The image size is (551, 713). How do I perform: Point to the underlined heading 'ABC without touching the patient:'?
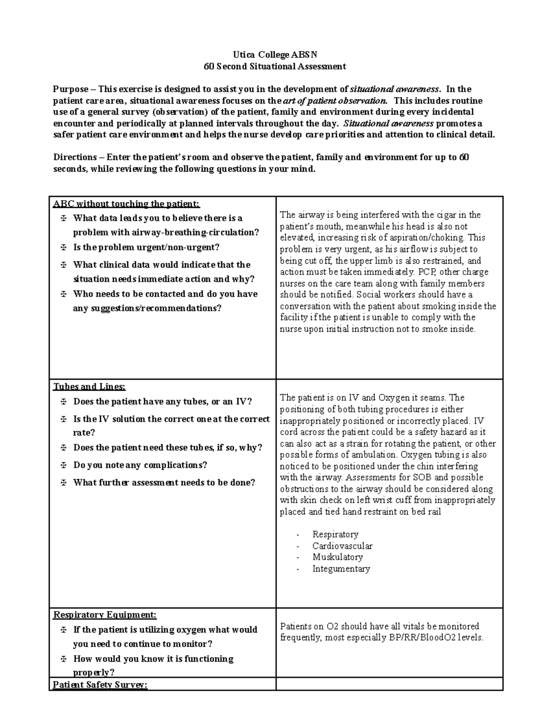point(127,204)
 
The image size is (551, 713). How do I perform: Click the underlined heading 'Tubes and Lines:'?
point(90,387)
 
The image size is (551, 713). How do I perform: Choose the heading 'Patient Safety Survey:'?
point(100,685)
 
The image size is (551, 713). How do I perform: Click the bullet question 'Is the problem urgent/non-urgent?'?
point(146,247)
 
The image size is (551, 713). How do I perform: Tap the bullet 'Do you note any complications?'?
point(140,465)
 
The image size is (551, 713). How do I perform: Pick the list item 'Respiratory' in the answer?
point(335,534)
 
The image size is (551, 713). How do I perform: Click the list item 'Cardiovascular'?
point(342,546)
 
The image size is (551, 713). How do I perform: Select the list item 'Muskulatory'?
point(337,557)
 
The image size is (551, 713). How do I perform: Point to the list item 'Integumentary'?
point(341,569)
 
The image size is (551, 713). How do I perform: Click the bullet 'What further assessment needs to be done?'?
point(164,483)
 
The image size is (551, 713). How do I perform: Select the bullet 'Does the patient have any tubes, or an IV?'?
point(163,402)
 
